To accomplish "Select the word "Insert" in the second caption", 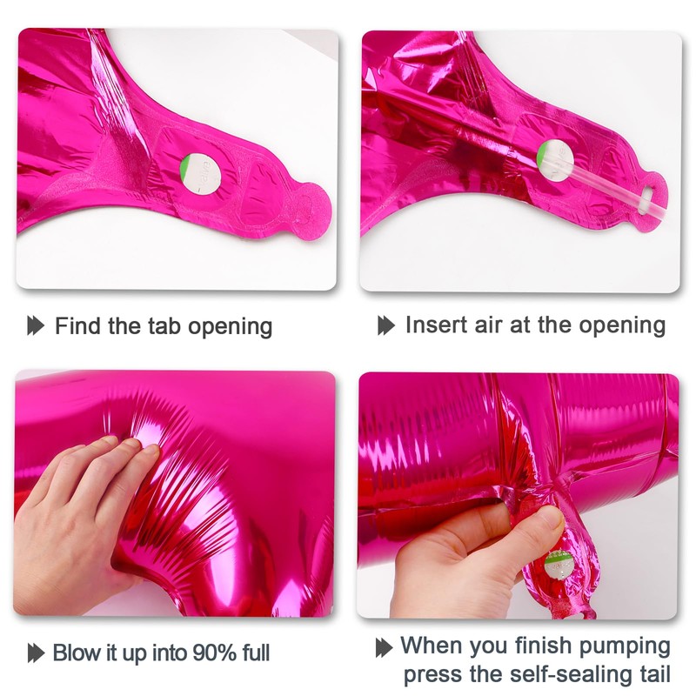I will [x=433, y=325].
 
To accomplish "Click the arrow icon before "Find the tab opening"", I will [x=36, y=326].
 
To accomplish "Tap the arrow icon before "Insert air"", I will [x=386, y=325].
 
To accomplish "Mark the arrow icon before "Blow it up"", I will [x=36, y=652].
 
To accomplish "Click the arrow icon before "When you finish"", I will [x=384, y=647].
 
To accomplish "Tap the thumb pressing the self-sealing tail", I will [x=544, y=522].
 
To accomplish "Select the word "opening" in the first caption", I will [x=231, y=327].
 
